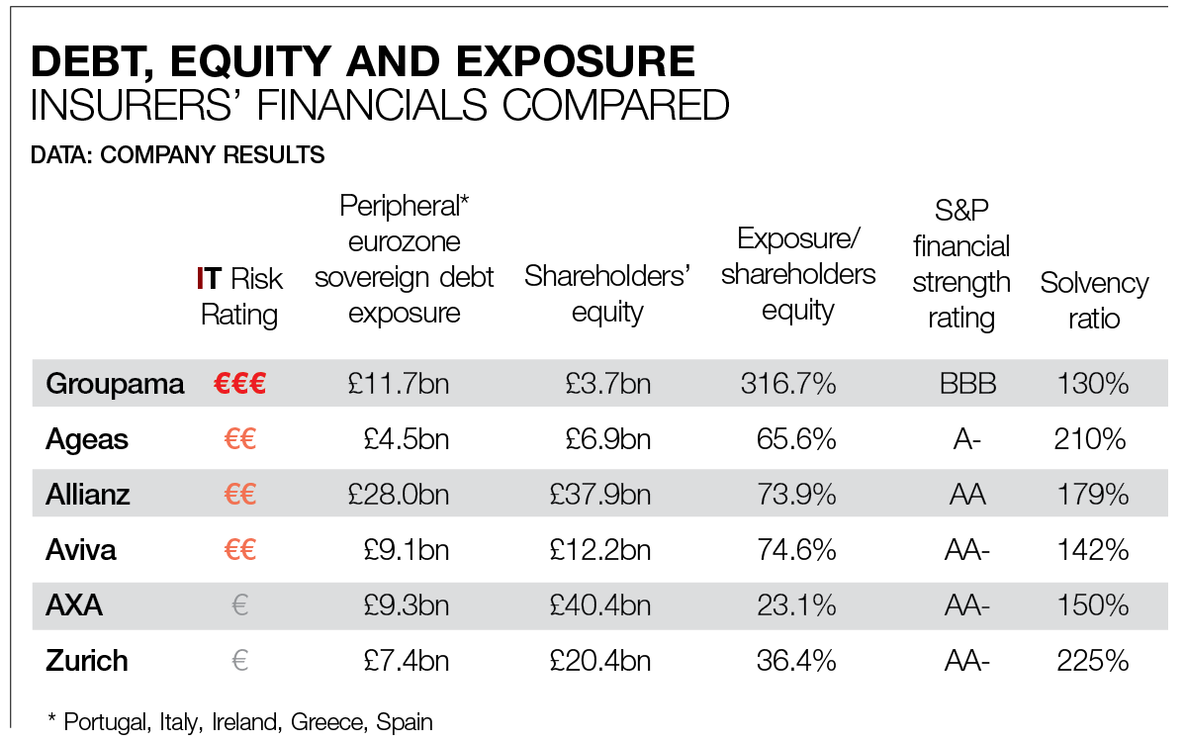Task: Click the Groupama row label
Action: [115, 384]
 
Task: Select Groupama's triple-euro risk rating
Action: [239, 384]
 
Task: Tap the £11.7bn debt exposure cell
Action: [399, 384]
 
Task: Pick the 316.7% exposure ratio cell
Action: [788, 384]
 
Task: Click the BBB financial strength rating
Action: [967, 384]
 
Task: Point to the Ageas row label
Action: [87, 439]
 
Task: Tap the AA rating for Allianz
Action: [967, 494]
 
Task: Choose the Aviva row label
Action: [81, 549]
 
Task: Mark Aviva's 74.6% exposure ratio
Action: [796, 549]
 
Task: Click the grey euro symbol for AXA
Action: [239, 604]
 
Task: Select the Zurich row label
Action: [87, 660]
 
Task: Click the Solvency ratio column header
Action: [1094, 301]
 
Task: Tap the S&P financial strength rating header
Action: [960, 264]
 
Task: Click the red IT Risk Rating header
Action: [240, 297]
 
